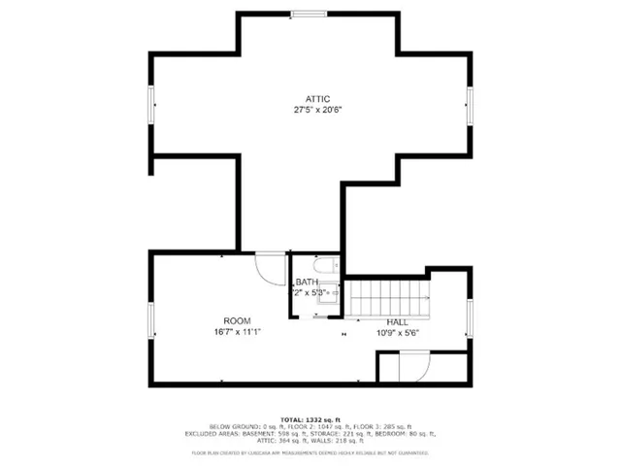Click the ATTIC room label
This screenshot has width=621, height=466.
point(318,99)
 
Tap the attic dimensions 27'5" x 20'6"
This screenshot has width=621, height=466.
point(318,110)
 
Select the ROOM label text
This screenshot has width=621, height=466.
point(237,321)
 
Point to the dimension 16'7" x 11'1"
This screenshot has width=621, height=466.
point(237,332)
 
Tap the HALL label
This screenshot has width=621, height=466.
point(398,321)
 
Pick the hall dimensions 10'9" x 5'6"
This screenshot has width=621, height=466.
point(398,332)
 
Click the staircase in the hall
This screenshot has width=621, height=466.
point(388,294)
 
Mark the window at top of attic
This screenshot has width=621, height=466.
point(310,14)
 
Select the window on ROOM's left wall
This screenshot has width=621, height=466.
point(150,321)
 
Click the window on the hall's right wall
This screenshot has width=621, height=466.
point(469,319)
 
